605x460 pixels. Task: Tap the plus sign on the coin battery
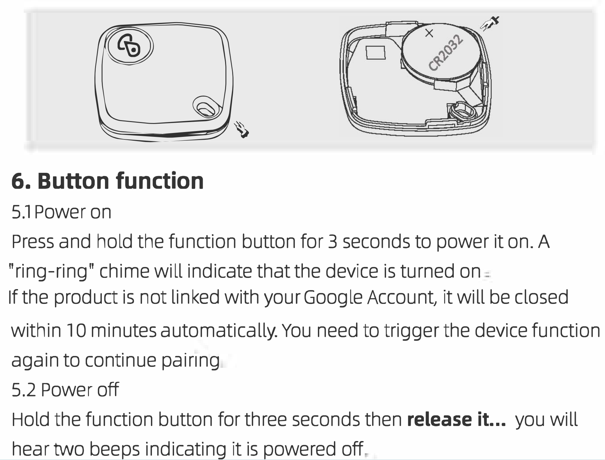click(x=429, y=33)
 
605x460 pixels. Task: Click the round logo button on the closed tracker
click(x=129, y=46)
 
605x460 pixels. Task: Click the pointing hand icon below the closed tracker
click(x=241, y=129)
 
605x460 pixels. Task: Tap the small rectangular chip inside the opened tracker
click(x=376, y=53)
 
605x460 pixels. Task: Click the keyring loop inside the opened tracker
click(x=462, y=113)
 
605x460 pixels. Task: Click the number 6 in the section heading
click(x=19, y=181)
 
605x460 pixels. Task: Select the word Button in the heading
click(x=73, y=181)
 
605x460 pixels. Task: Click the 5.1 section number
click(x=21, y=212)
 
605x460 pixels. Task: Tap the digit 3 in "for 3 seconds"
click(x=332, y=242)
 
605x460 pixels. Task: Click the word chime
click(x=124, y=271)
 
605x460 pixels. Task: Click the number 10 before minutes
click(x=76, y=331)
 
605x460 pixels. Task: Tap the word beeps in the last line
click(x=114, y=449)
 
